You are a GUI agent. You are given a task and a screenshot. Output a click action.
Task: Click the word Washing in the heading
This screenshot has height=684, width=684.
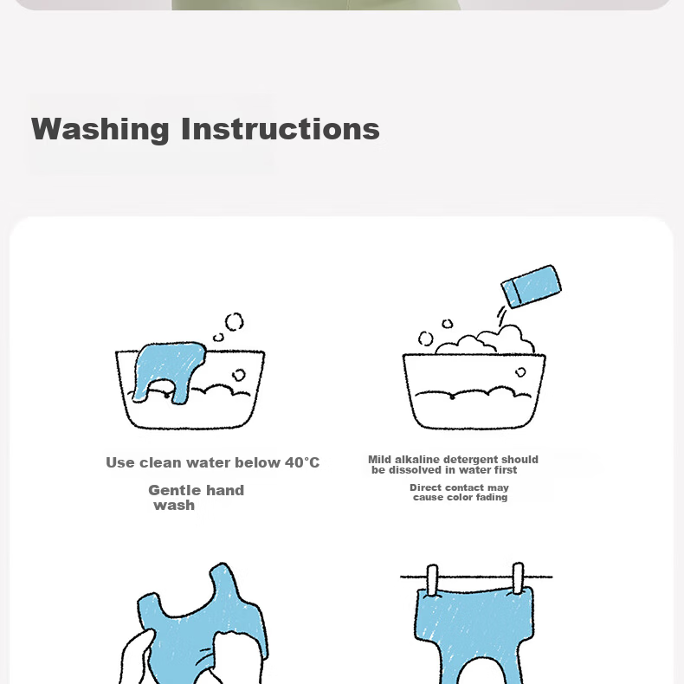(x=100, y=129)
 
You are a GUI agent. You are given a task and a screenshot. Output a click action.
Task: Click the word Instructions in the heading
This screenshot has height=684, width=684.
(x=280, y=129)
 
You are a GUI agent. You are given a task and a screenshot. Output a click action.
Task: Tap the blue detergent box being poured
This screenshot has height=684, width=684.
(x=532, y=287)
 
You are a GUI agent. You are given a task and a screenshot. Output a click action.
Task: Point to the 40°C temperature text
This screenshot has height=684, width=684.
(x=302, y=462)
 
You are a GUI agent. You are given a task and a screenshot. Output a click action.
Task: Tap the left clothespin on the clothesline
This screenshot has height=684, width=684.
(x=432, y=580)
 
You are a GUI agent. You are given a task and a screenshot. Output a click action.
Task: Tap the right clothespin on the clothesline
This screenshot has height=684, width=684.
(x=519, y=578)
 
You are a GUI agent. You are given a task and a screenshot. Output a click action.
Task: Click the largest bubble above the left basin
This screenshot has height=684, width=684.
(x=235, y=322)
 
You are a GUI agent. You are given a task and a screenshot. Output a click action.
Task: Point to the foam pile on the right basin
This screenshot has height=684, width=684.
(x=485, y=339)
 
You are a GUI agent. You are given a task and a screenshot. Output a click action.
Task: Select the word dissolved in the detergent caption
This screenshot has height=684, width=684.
(x=415, y=470)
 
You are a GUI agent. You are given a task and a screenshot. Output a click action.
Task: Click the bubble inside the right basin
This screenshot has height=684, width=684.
(x=520, y=372)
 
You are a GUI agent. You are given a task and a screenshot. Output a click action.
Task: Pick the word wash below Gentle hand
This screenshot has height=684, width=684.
(x=174, y=505)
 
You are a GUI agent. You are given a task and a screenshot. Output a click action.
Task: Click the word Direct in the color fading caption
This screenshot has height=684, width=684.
(x=425, y=487)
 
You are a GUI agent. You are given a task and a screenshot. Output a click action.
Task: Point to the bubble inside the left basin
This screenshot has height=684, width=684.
(x=239, y=375)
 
